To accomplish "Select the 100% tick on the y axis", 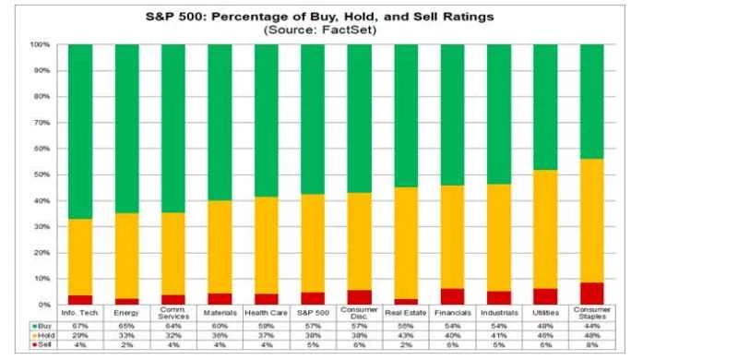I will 42,44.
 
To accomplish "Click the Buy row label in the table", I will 41,325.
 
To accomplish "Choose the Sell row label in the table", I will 41,344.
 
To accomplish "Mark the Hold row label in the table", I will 41,335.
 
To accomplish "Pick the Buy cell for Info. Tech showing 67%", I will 80,325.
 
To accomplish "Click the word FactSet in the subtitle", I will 351,30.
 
